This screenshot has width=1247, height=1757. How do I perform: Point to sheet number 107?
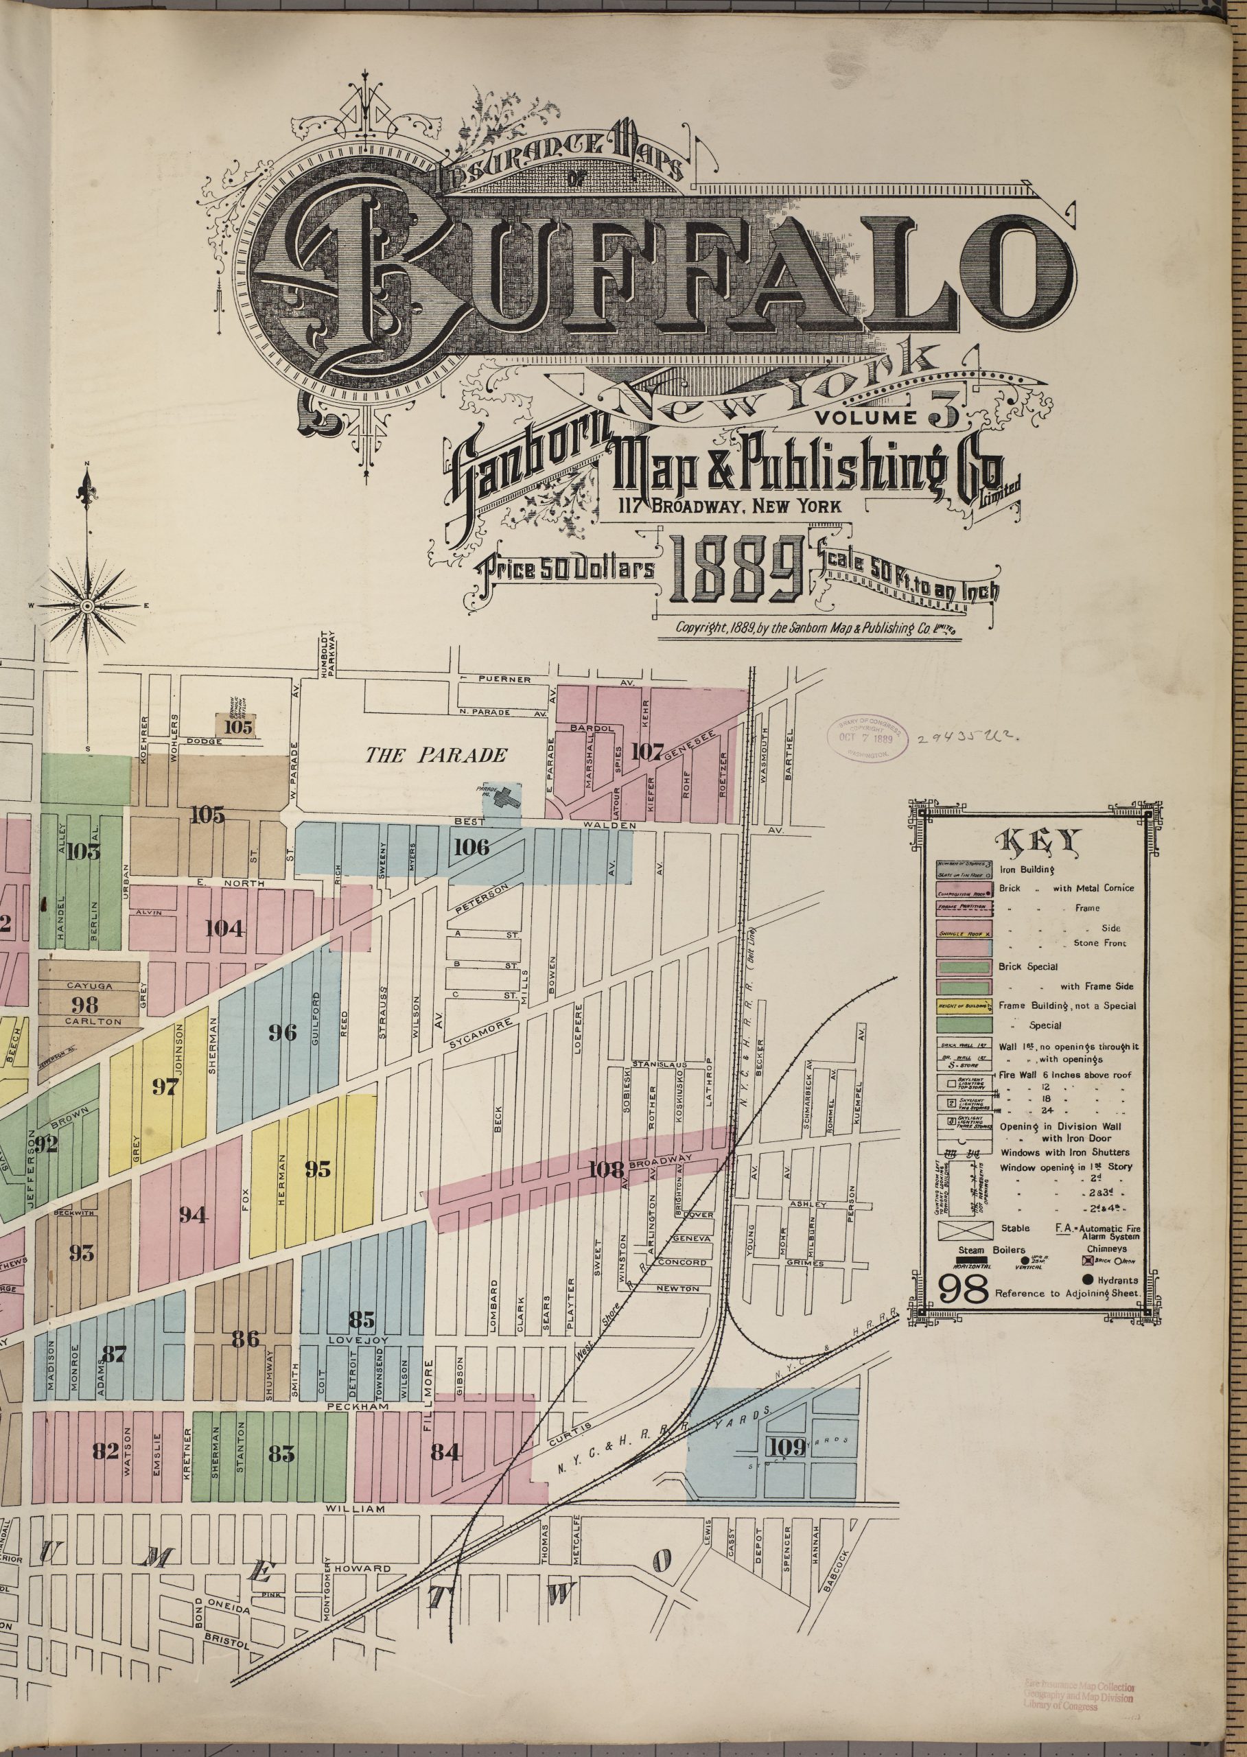[646, 751]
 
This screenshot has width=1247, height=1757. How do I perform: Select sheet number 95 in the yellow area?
[317, 1169]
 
